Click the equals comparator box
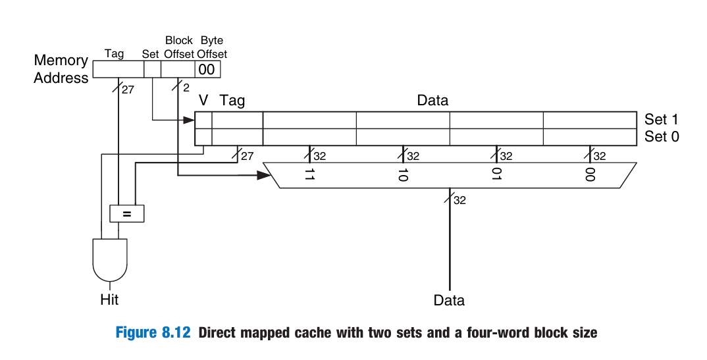(126, 213)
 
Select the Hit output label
(109, 299)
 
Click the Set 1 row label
(662, 120)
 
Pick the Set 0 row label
(662, 137)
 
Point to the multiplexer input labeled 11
(309, 174)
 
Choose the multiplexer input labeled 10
(403, 174)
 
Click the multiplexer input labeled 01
(496, 174)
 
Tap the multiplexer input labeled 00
(590, 174)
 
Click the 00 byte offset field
(207, 69)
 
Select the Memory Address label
(61, 69)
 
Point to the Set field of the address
(152, 69)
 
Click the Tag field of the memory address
(118, 69)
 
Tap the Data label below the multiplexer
(449, 301)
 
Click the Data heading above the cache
(432, 101)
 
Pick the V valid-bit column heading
(204, 101)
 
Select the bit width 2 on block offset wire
(186, 88)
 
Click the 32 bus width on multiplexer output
(459, 200)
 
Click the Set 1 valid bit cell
(203, 120)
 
